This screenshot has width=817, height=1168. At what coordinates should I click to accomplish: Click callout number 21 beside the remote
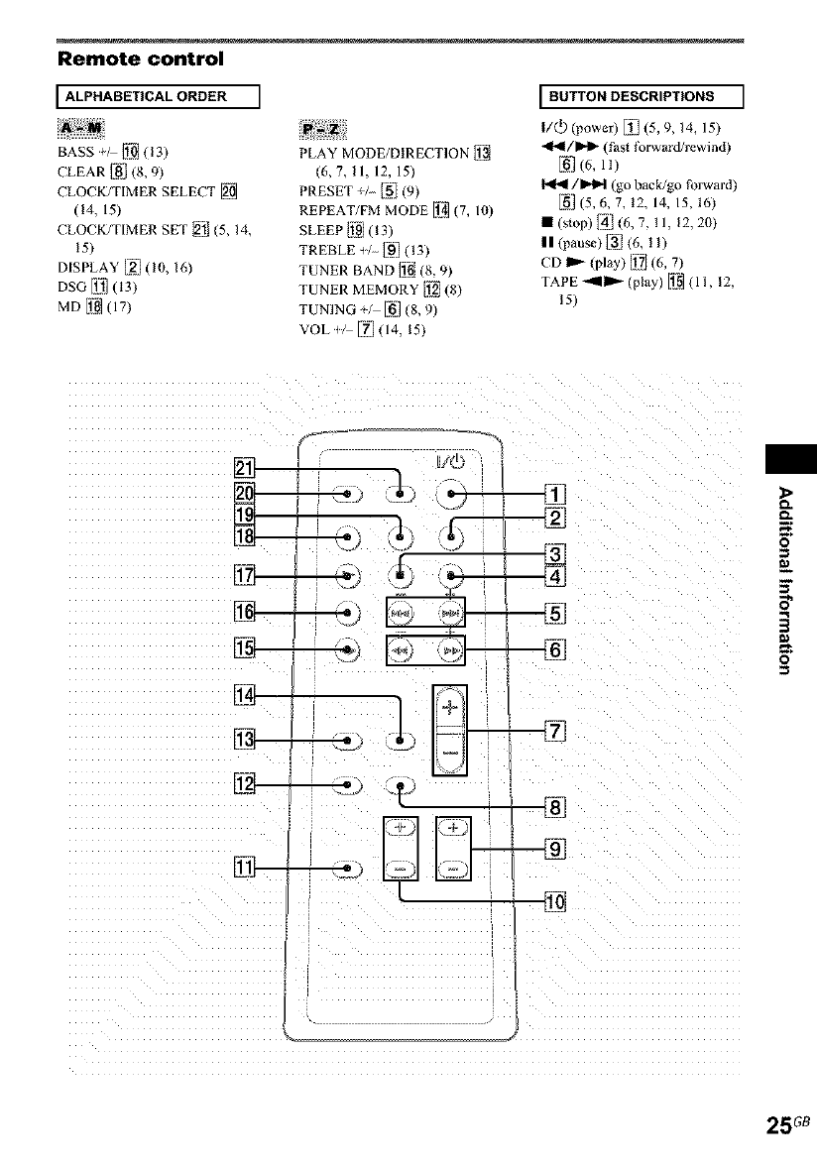point(242,467)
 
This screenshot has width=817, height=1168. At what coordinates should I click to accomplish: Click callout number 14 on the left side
point(242,696)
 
